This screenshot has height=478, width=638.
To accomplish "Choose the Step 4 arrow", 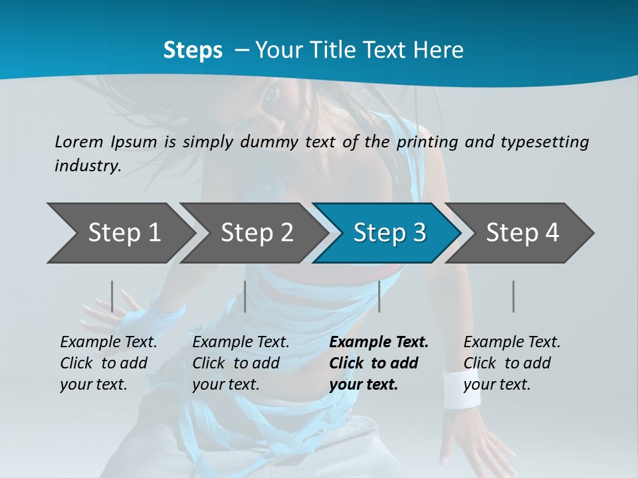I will (x=521, y=233).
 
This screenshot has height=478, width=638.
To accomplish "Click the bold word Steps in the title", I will (x=193, y=50).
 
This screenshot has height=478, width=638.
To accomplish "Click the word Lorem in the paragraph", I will (x=79, y=141).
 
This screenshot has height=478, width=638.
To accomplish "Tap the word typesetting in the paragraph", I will (x=544, y=141).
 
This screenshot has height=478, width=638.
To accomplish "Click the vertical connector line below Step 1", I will (x=112, y=296).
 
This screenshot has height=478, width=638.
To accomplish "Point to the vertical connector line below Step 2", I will (x=245, y=296).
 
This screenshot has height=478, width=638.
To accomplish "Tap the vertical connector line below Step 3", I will (x=379, y=296).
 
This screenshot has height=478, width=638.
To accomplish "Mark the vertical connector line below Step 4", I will (x=513, y=296).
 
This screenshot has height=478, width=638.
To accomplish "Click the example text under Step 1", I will (x=108, y=363).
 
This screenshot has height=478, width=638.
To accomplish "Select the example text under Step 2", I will (x=241, y=363).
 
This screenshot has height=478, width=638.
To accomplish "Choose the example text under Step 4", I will (x=512, y=363).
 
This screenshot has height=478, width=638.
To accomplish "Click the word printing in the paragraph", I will (x=425, y=141).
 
